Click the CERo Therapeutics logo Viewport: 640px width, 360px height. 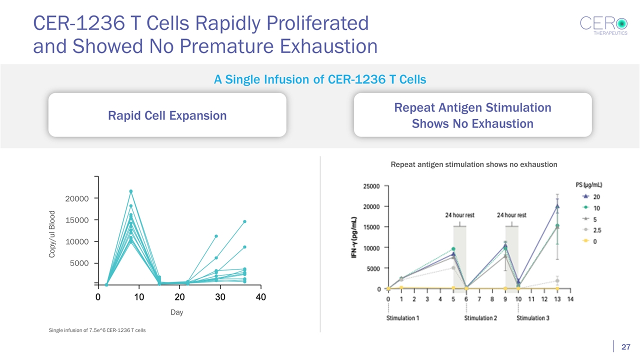[x=603, y=26]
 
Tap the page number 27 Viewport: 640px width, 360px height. [x=625, y=347]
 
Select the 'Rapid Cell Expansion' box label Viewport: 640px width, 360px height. [x=167, y=115]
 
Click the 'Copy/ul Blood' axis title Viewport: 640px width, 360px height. [x=51, y=234]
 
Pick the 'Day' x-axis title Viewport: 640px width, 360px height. [x=176, y=312]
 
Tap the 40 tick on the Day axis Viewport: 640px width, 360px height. [x=260, y=297]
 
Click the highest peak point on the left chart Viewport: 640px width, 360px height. [x=131, y=191]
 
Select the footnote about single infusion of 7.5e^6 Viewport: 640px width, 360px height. [x=97, y=330]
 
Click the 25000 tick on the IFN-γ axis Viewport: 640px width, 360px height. [x=370, y=186]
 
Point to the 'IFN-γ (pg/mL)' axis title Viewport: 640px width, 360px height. [x=354, y=237]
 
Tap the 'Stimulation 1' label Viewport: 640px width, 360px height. [x=403, y=318]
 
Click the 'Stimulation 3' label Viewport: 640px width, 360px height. [x=533, y=318]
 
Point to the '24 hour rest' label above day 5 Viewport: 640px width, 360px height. [x=460, y=215]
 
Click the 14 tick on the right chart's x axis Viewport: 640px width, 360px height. [x=570, y=299]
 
